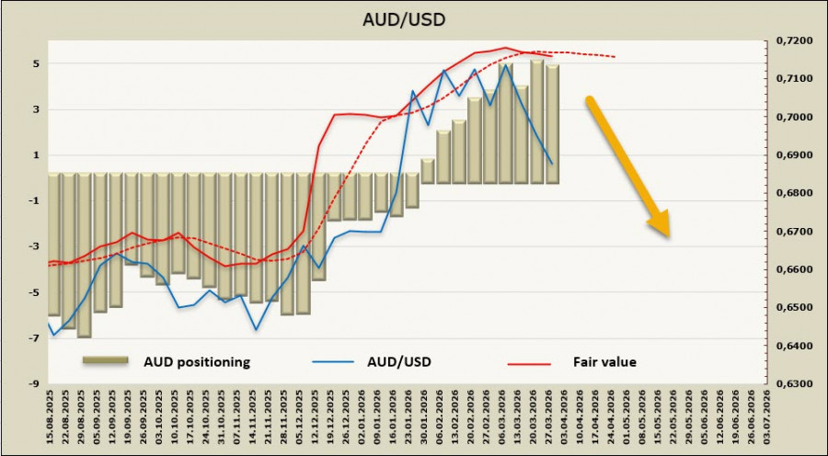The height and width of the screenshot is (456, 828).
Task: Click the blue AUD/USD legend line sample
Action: [337, 362]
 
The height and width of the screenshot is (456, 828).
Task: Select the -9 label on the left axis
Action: [33, 384]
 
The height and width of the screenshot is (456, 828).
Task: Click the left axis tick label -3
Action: [33, 247]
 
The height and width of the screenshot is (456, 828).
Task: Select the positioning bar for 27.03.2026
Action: [552, 124]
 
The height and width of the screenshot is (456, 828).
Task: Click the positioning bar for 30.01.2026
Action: [428, 171]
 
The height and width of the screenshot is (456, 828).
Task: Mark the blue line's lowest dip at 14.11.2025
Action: [257, 329]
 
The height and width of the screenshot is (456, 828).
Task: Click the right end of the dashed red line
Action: [615, 57]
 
